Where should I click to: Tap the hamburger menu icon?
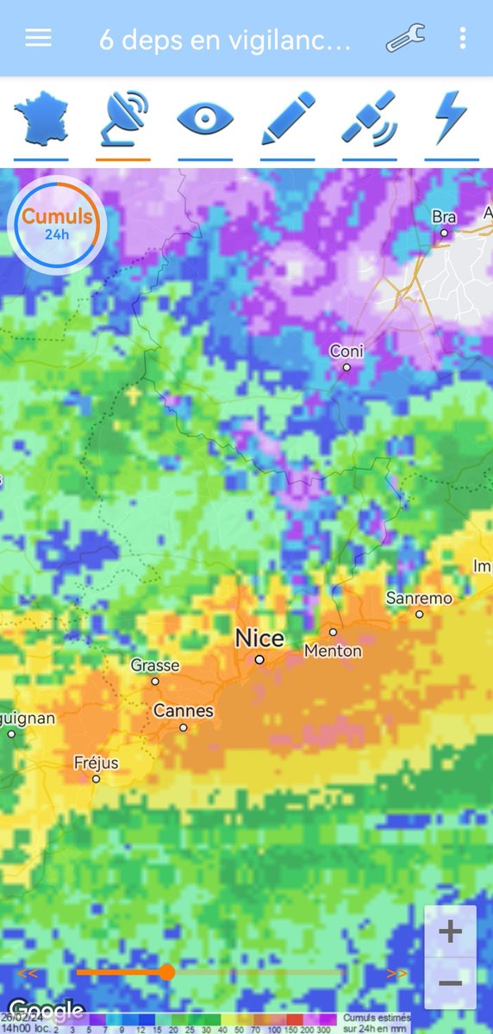(x=39, y=39)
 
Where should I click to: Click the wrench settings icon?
(x=404, y=39)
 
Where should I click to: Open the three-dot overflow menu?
(x=463, y=39)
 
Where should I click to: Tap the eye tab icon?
(x=205, y=119)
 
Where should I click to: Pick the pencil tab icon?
(x=288, y=119)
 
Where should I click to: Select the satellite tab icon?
(x=370, y=119)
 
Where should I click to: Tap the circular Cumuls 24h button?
(x=56, y=224)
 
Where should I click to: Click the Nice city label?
(x=259, y=638)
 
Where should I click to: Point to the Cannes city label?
(x=183, y=712)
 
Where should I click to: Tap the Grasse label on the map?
(x=155, y=665)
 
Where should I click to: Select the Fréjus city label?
(x=96, y=763)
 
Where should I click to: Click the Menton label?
(x=333, y=651)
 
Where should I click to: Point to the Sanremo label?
(x=419, y=598)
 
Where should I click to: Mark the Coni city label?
(x=346, y=352)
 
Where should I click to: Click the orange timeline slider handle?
(x=167, y=973)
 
